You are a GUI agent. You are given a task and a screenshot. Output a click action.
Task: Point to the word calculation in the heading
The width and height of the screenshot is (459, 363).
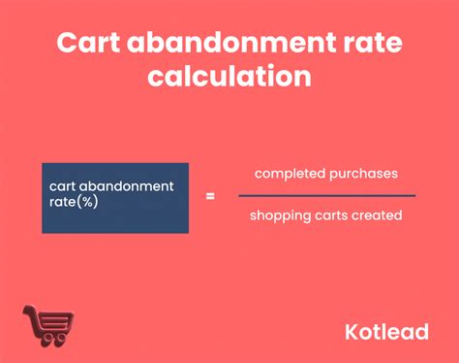229,76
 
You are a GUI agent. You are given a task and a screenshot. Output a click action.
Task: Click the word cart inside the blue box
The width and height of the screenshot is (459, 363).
64,186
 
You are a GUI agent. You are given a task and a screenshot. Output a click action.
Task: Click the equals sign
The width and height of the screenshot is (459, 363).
210,195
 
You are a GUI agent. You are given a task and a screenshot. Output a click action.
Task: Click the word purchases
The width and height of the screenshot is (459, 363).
362,174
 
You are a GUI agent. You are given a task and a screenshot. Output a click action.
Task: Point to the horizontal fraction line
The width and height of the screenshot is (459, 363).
326,195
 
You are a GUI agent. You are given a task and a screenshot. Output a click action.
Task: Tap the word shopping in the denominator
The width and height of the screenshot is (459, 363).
277,215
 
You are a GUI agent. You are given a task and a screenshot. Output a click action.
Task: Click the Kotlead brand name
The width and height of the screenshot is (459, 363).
386,331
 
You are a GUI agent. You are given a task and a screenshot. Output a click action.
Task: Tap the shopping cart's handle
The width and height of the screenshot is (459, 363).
29,313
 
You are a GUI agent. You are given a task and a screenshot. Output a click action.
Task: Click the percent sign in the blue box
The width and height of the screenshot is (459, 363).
87,202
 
